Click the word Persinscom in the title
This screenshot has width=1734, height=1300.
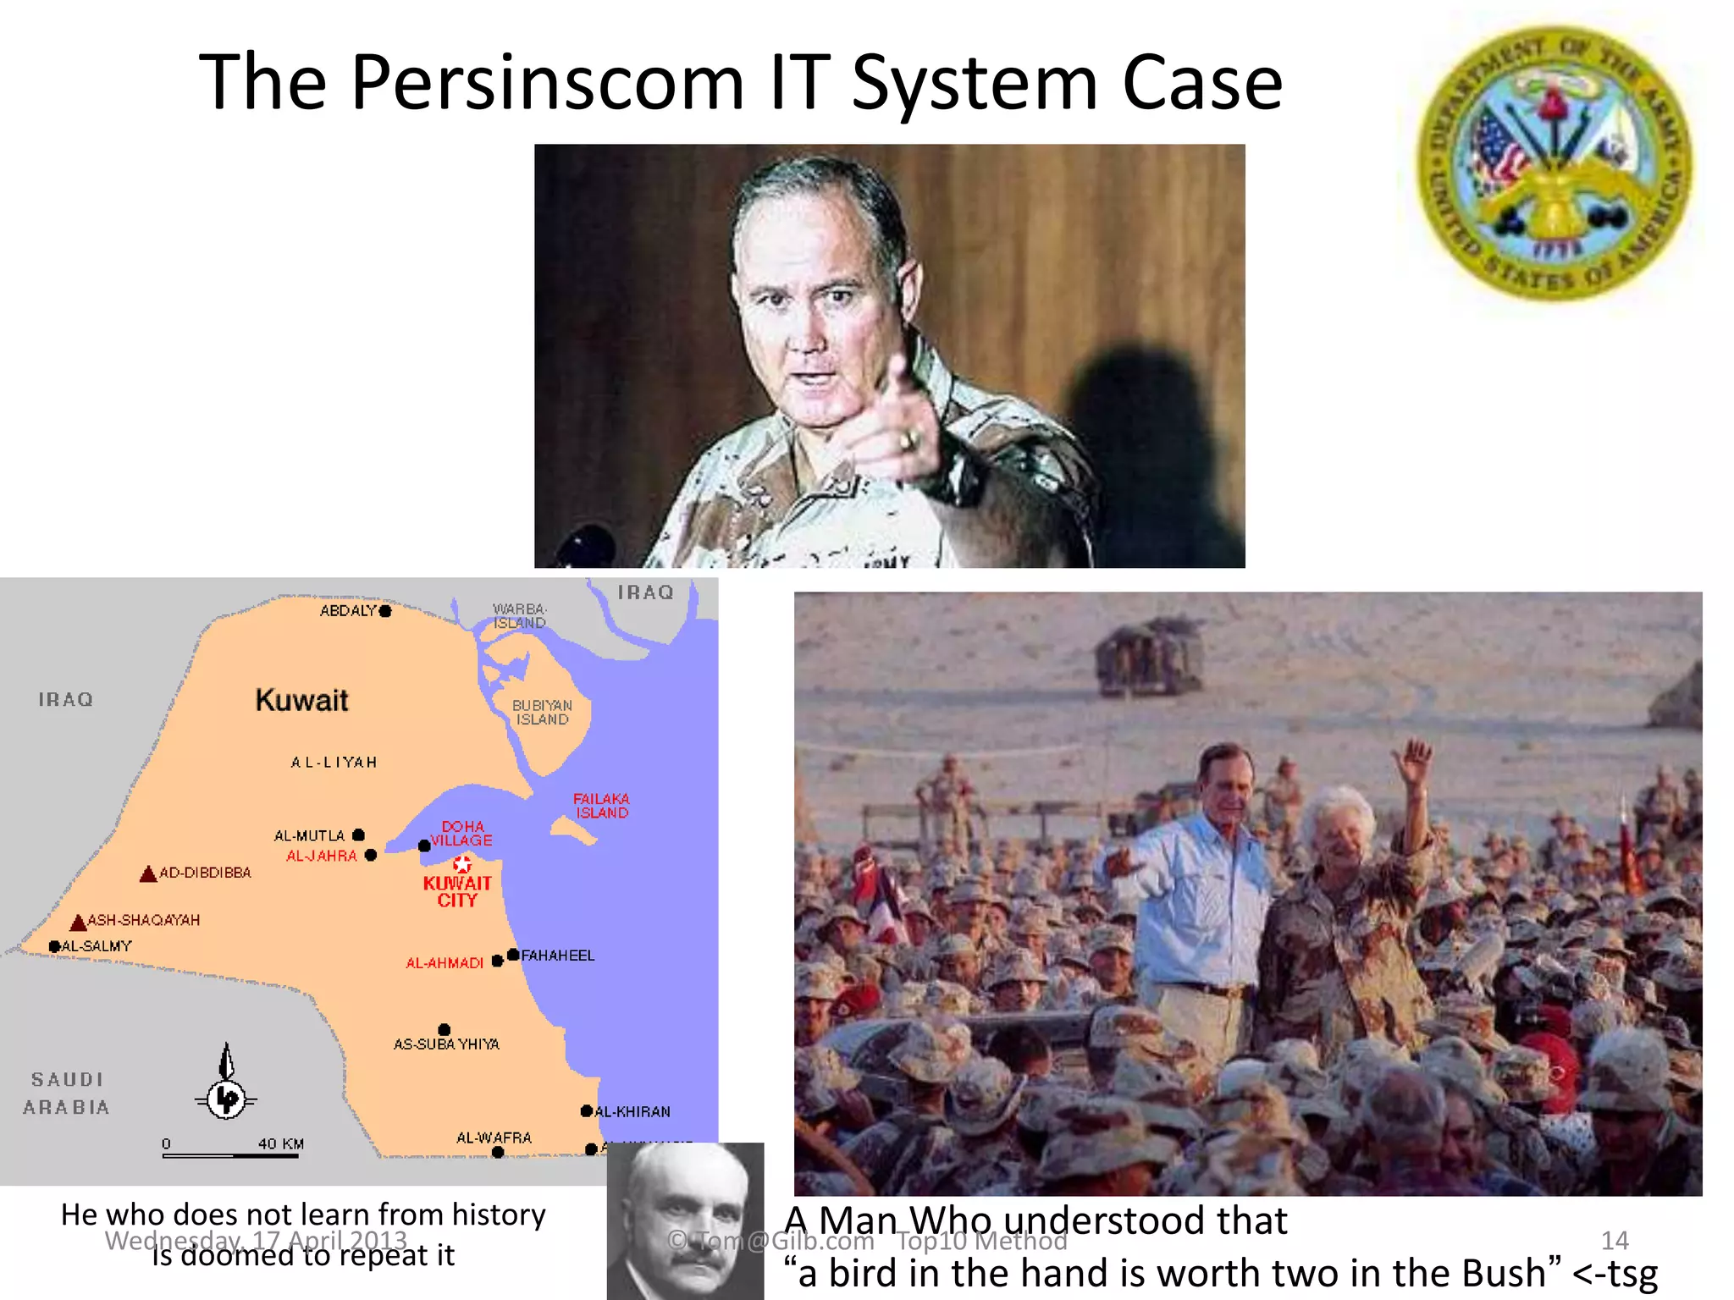tap(547, 83)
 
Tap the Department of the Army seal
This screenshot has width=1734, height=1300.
tap(1555, 162)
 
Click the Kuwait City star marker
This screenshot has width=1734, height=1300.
tap(461, 864)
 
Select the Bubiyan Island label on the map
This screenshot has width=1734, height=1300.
tap(542, 713)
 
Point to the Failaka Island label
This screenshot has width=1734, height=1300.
tap(601, 806)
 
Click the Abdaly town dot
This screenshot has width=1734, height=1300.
tap(385, 611)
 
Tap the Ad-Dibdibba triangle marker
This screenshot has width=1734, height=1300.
tap(148, 873)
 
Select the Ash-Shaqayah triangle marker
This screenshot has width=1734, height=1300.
tap(79, 922)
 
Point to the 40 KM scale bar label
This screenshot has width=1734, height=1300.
tap(281, 1144)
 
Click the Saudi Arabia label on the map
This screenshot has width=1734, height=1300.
tap(66, 1093)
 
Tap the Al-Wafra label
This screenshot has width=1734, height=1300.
tap(494, 1137)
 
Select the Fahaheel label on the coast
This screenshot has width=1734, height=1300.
tap(558, 956)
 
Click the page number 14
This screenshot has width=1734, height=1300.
tap(1615, 1241)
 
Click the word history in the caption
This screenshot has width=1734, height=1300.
tap(498, 1215)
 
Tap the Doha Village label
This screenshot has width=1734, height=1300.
tap(461, 834)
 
